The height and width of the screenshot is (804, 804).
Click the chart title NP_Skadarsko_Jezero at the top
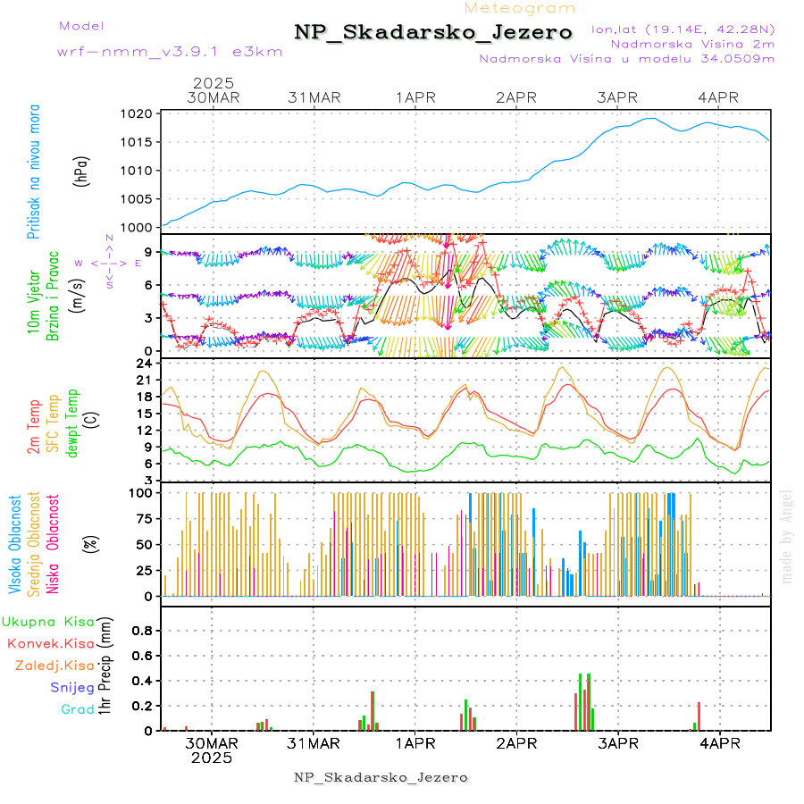(x=433, y=33)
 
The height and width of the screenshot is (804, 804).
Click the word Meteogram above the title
(x=520, y=8)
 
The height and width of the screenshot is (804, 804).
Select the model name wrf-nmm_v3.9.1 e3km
(x=170, y=51)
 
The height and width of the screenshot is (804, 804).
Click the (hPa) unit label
(x=81, y=171)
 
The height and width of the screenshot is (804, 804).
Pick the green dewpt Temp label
(x=73, y=421)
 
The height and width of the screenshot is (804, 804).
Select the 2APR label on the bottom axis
(x=515, y=743)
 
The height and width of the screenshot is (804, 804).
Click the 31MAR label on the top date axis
(x=314, y=97)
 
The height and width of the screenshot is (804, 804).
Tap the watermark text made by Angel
(x=787, y=536)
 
